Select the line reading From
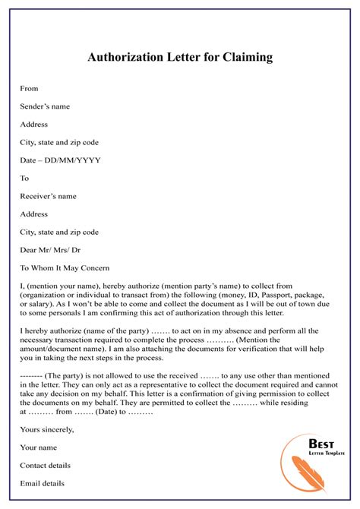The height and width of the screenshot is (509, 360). [x=29, y=89]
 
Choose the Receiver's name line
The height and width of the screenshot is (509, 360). [x=49, y=196]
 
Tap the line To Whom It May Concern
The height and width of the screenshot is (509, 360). [x=65, y=268]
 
